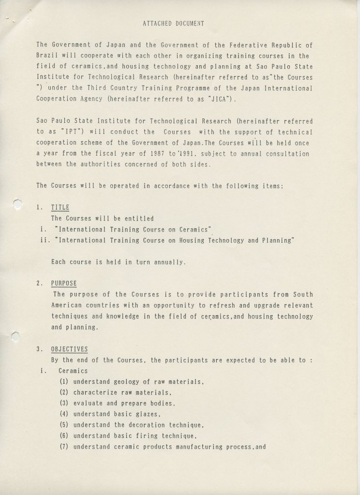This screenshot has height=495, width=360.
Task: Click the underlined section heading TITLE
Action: pos(60,207)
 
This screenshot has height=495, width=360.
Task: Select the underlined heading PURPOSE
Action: pos(64,283)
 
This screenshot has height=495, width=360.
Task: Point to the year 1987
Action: pos(161,154)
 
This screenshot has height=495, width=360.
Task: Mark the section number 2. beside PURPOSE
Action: pos(39,283)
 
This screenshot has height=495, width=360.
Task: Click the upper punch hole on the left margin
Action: pos(17,204)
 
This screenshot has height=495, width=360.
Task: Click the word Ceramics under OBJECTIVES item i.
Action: pos(73,371)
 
